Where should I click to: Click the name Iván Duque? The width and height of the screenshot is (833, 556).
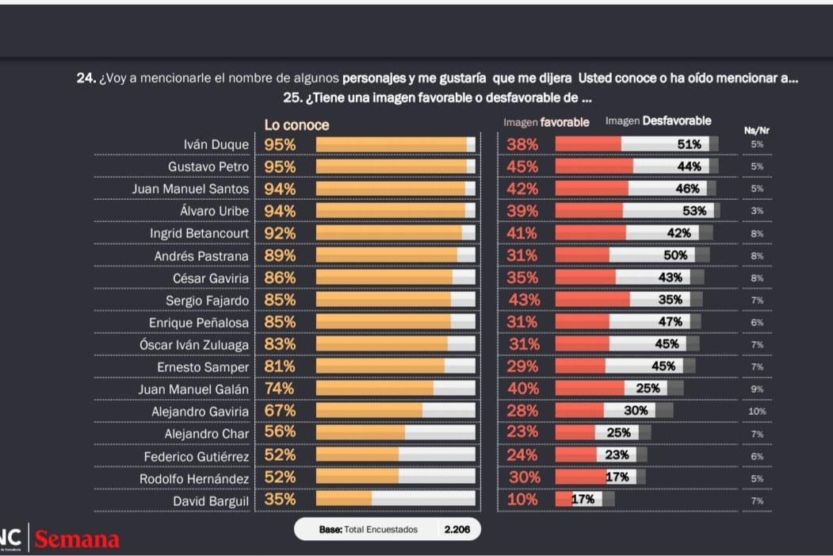coord(216,144)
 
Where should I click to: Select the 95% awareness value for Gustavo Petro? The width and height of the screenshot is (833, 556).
coord(280,167)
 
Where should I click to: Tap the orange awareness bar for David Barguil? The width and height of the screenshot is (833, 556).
coord(344,500)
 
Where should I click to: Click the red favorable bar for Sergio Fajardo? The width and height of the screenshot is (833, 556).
coord(592,300)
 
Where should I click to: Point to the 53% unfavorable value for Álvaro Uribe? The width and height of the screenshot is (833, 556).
coord(694,211)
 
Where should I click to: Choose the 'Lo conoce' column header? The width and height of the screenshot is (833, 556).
coord(296,125)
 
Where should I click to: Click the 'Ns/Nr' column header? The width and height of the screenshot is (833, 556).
coord(757,130)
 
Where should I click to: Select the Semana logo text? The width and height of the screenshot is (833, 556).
coord(77,540)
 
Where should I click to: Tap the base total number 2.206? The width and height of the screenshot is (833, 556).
coord(457,529)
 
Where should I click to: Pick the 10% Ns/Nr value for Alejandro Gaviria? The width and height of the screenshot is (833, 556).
coord(757,411)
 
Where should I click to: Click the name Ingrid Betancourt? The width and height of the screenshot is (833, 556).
coord(199,233)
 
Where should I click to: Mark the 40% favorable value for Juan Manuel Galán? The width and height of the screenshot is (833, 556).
coord(522,389)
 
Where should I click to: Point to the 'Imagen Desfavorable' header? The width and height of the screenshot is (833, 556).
coord(658,121)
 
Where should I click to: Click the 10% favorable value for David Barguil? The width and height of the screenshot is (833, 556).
coord(522,500)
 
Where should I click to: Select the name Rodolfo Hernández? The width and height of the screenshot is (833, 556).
coord(194,478)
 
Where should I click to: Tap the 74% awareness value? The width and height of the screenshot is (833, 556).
coord(280,389)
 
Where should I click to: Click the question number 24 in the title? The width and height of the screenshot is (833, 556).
coord(86,79)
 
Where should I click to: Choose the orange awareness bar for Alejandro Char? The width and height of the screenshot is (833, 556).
coord(361,433)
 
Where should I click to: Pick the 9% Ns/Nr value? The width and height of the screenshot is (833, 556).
coord(757,389)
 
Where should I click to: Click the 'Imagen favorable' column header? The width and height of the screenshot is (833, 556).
coord(546,122)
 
